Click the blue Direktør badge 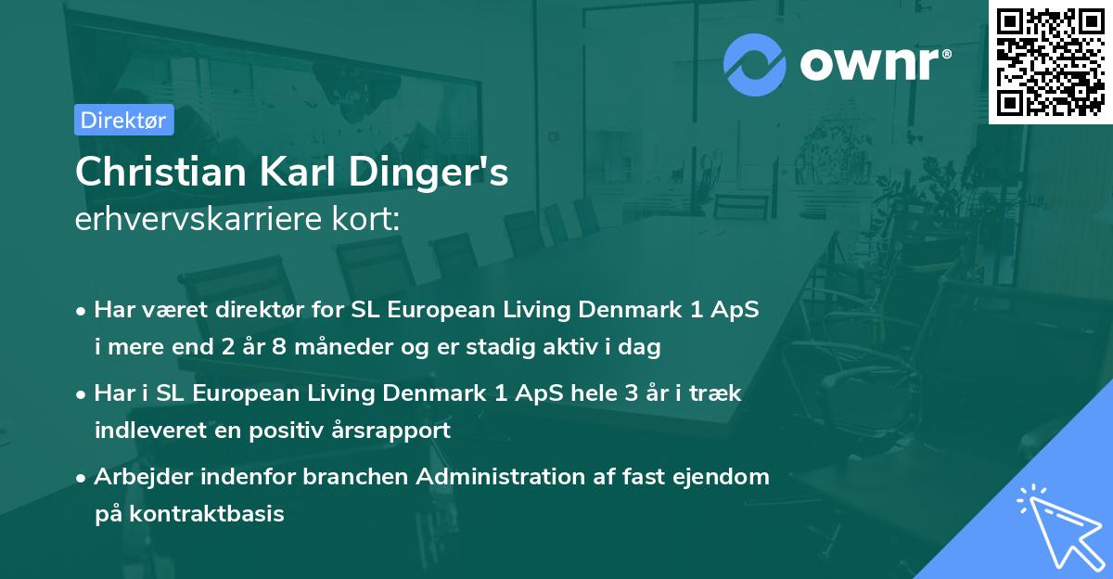(x=123, y=120)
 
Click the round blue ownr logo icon (x=755, y=64)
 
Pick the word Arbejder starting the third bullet (x=137, y=476)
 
